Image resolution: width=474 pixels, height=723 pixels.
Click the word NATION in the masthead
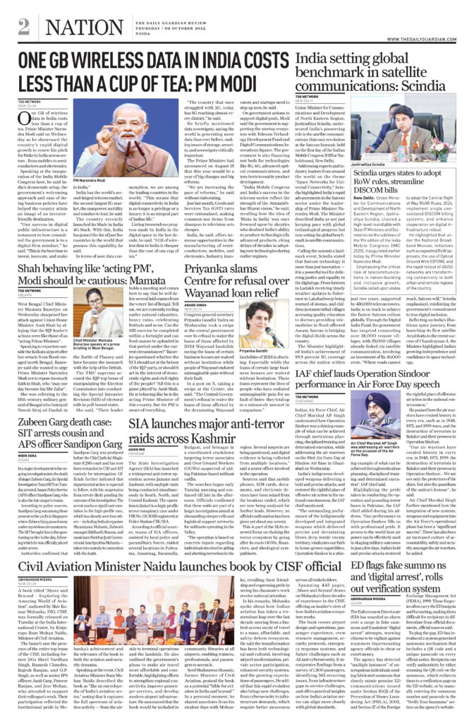73,26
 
